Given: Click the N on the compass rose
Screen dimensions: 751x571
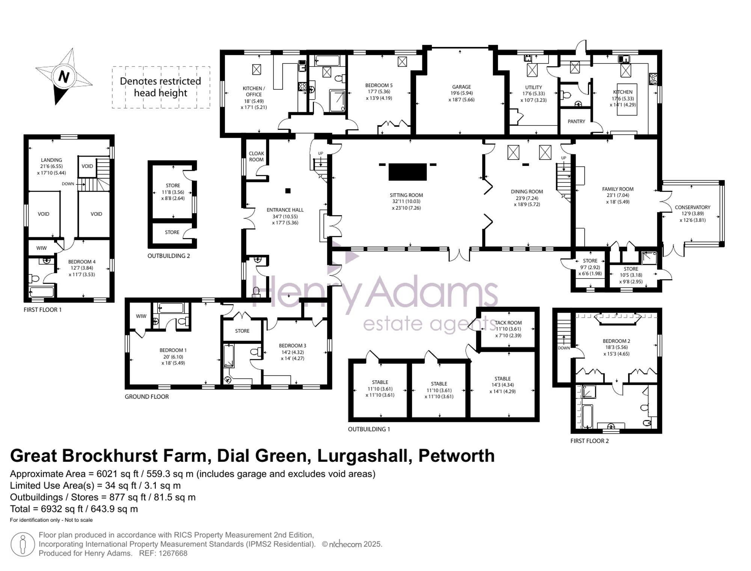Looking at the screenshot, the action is pyautogui.click(x=64, y=77).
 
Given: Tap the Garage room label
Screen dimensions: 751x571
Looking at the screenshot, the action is pyautogui.click(x=461, y=87).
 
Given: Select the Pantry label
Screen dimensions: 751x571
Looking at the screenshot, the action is pyautogui.click(x=576, y=121).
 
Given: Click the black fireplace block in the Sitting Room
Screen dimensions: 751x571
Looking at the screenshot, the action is pyautogui.click(x=407, y=172).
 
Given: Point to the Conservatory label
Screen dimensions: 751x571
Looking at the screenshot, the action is pyautogui.click(x=692, y=207).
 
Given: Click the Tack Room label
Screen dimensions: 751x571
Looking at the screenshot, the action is pyautogui.click(x=508, y=322).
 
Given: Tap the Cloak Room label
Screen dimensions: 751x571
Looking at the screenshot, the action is pyautogui.click(x=256, y=156).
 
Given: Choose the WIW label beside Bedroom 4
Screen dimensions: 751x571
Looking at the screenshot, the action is pyautogui.click(x=41, y=248).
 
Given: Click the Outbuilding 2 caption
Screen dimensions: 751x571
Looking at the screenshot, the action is pyautogui.click(x=169, y=256).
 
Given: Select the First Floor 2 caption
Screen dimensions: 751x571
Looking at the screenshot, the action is pyautogui.click(x=590, y=441).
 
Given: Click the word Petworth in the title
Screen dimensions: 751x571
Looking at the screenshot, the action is pyautogui.click(x=456, y=456).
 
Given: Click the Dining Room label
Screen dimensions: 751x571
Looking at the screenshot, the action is pyautogui.click(x=527, y=191).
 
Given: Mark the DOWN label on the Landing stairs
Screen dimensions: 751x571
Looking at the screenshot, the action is pyautogui.click(x=68, y=184).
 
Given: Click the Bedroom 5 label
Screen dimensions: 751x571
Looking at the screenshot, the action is pyautogui.click(x=379, y=85).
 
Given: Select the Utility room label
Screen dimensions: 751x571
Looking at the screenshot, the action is pyautogui.click(x=533, y=87).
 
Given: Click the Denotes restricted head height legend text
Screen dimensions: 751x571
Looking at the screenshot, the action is pyautogui.click(x=160, y=87).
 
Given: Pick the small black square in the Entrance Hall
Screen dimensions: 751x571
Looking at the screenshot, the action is pyautogui.click(x=288, y=191).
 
